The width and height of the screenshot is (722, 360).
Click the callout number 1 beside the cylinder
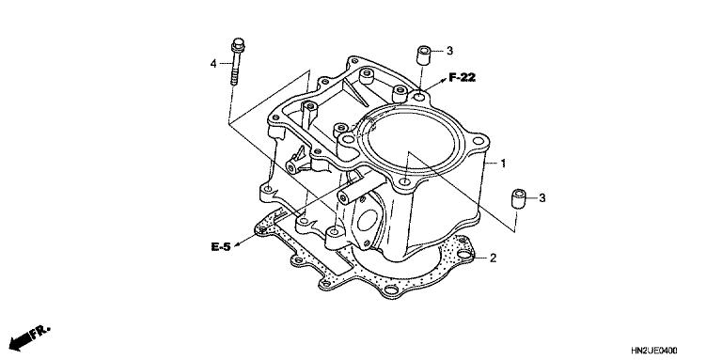tap(504, 164)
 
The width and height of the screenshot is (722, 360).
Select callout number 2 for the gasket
tap(493, 258)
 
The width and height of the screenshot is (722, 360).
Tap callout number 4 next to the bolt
tap(213, 63)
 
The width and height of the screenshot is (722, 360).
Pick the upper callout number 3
tap(449, 51)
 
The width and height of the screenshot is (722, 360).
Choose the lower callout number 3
tap(541, 197)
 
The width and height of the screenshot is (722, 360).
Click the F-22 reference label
tap(462, 78)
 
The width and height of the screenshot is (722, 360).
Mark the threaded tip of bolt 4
tap(232, 80)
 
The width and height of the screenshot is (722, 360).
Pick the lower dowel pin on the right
tap(515, 198)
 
